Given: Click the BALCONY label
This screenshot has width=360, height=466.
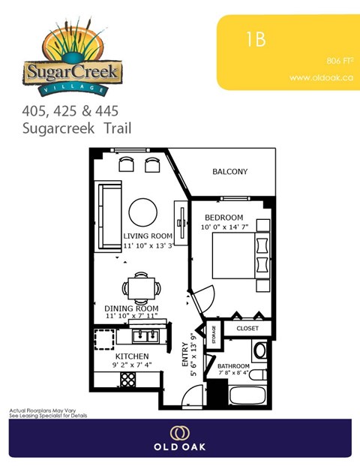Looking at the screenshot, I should [230, 172].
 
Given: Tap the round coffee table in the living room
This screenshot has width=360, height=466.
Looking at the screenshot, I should [142, 212].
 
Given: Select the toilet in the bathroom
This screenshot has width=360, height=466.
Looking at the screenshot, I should [259, 350].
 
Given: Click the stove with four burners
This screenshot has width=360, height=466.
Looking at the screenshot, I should [127, 380].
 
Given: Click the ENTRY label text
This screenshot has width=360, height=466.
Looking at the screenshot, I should [184, 356].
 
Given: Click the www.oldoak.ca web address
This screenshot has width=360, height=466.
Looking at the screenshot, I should [320, 77].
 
